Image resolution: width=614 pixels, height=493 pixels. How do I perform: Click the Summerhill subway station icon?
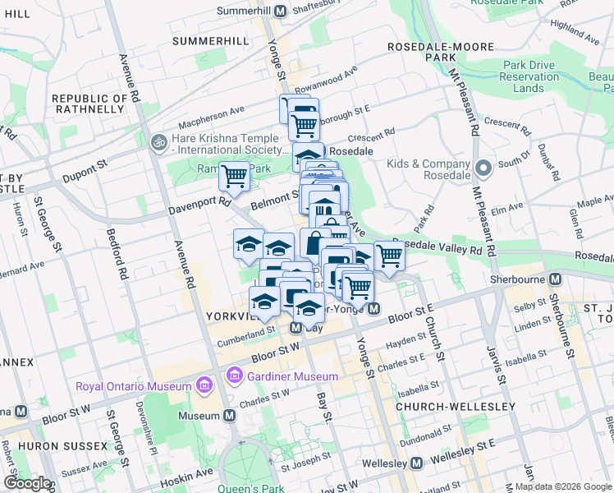(x=280, y=12)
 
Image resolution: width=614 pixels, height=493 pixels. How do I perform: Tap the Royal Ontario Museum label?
(x=132, y=386)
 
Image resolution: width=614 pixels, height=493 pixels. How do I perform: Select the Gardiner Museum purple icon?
(x=236, y=376)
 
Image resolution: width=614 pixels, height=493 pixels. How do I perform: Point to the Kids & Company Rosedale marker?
(x=483, y=169)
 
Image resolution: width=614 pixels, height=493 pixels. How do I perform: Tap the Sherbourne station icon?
(x=556, y=279)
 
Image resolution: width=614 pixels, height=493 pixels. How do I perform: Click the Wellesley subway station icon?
(x=416, y=463)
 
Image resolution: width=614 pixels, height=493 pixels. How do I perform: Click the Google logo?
(x=26, y=483)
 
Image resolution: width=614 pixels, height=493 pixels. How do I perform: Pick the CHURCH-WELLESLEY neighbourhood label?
(x=456, y=407)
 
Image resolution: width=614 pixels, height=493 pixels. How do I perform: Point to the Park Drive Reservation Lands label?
(x=534, y=76)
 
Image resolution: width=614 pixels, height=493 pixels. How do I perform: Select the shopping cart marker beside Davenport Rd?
(x=235, y=175)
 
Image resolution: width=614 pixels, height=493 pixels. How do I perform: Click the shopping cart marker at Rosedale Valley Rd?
(x=390, y=256)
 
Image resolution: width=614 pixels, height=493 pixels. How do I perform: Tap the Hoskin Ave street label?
(x=189, y=472)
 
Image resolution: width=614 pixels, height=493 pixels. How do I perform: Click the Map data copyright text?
(x=562, y=486)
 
